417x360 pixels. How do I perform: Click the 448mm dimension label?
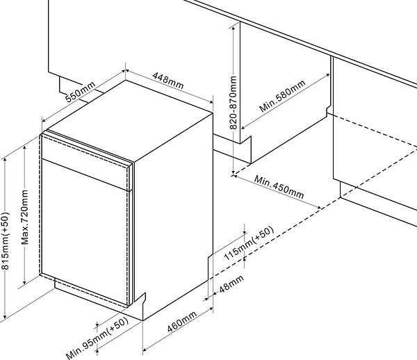pyautogui.click(x=167, y=81)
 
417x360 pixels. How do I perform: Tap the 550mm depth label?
pyautogui.click(x=81, y=92)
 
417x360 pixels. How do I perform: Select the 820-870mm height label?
pyautogui.click(x=234, y=103)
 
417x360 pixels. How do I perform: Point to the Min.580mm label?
pyautogui.click(x=282, y=96)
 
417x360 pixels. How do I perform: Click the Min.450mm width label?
pyautogui.click(x=279, y=187)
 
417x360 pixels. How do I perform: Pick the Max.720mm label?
pyautogui.click(x=25, y=217)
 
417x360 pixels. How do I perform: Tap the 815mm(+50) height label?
pyautogui.click(x=6, y=240)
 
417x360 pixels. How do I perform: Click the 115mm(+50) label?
pyautogui.click(x=249, y=243)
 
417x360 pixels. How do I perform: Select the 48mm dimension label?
pyautogui.click(x=231, y=284)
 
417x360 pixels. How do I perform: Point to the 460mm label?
pyautogui.click(x=182, y=322)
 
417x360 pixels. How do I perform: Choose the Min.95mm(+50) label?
pyautogui.click(x=97, y=338)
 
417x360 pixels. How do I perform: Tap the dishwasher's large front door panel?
pyautogui.click(x=85, y=231)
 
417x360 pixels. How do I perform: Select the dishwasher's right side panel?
pyautogui.click(x=173, y=213)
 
